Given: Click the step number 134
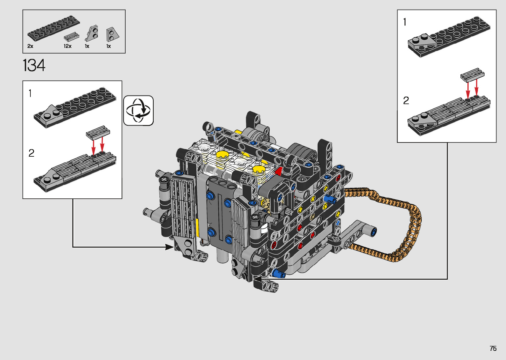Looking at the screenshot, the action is click(34, 65).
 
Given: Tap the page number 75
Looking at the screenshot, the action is click(493, 348).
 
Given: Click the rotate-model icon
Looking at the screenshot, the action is click(138, 110).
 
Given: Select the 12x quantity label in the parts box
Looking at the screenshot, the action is click(67, 46).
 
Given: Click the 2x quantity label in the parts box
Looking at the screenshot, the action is click(30, 46).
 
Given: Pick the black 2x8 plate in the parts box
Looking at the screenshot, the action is click(54, 28).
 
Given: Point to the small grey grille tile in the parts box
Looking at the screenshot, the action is click(71, 36).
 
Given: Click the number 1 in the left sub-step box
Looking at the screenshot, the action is click(30, 93).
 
